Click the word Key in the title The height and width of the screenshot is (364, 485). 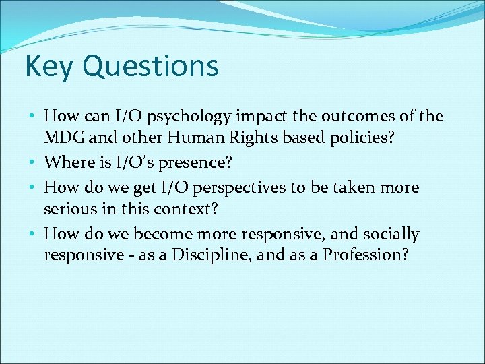(x=46, y=67)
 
